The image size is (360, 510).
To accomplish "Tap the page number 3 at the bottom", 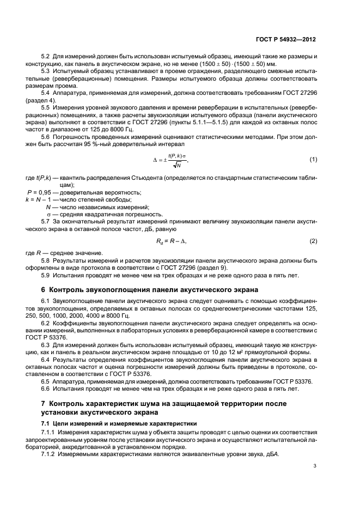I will click(315, 466).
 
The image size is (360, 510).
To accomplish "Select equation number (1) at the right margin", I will click(313, 159).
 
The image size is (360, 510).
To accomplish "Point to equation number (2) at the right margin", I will click(313, 241).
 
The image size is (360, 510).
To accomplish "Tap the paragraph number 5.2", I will click(46, 57).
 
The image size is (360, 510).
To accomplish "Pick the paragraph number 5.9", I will click(46, 276).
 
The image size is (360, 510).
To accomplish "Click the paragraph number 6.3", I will click(46, 345).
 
